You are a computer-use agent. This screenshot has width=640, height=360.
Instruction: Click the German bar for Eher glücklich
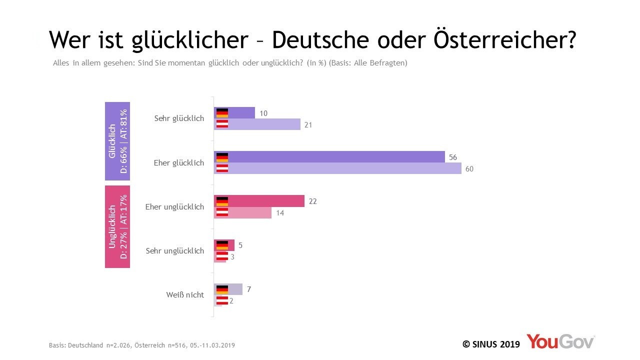pos(329,157)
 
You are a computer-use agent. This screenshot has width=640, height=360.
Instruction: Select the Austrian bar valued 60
pos(337,168)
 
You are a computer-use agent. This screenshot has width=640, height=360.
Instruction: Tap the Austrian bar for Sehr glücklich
pos(257,124)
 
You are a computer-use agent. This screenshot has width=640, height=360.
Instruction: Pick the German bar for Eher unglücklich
pos(259,201)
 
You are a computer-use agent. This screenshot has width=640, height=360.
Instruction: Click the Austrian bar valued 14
pos(242,212)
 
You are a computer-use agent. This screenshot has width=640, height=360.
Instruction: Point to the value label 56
pos(453,157)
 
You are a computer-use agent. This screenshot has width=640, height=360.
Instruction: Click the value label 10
pos(263,113)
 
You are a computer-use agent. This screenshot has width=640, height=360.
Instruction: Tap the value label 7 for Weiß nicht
pos(249,289)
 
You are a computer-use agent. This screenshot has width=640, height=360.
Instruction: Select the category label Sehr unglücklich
pos(175,251)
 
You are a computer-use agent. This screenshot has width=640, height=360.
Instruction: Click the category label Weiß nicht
pos(185,294)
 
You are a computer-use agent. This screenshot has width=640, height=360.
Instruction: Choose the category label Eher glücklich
pos(179,163)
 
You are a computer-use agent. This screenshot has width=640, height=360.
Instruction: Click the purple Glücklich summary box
pos(117,141)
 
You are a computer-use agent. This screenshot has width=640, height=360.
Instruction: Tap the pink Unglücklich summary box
pos(117,226)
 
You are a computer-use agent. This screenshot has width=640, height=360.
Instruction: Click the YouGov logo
pos(560,341)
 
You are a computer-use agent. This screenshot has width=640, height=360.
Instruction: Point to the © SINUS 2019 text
pos(491,344)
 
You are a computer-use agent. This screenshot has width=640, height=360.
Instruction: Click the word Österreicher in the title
pos(505,39)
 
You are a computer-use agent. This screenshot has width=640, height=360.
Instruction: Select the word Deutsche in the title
pos(320,40)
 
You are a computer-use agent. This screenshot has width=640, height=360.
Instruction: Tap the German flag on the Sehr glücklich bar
pos(222,113)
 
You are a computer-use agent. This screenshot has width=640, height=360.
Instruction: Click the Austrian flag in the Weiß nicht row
pos(222,300)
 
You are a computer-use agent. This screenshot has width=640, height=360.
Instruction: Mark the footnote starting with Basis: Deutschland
pos(141,345)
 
